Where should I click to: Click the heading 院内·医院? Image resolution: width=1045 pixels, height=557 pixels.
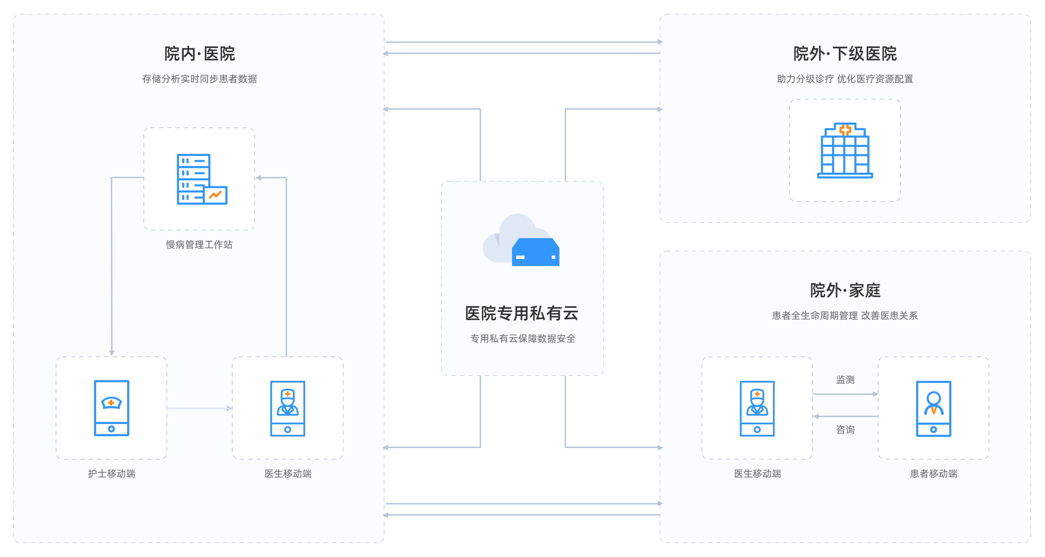tap(199, 54)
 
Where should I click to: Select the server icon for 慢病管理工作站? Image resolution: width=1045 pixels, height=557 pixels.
tap(202, 179)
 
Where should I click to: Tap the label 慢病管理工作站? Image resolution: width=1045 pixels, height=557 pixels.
tap(199, 244)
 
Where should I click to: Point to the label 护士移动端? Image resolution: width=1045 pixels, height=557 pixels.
tap(111, 473)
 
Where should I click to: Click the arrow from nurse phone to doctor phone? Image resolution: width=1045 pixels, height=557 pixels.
tap(200, 408)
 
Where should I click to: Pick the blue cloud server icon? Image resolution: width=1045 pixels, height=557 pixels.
tap(535, 252)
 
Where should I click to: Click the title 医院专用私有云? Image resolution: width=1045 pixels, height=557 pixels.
tap(522, 313)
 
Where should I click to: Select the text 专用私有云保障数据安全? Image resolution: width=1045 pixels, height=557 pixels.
tap(523, 338)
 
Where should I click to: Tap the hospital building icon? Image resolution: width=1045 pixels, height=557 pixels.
tap(845, 150)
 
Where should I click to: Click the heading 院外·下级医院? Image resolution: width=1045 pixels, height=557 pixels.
tap(845, 54)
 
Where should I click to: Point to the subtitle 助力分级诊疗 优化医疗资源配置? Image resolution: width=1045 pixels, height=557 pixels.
tap(845, 79)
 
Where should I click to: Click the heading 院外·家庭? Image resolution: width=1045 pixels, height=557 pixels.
tap(845, 290)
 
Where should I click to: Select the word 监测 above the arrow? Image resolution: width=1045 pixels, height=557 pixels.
tap(845, 379)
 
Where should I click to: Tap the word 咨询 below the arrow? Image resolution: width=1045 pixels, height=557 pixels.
tap(845, 429)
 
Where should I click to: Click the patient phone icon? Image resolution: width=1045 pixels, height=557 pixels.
tap(934, 409)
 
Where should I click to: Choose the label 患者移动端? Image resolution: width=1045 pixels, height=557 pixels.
tap(934, 473)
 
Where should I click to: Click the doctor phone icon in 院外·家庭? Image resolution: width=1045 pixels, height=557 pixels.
tap(757, 409)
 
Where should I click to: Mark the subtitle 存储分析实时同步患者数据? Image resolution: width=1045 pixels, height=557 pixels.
tap(199, 79)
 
